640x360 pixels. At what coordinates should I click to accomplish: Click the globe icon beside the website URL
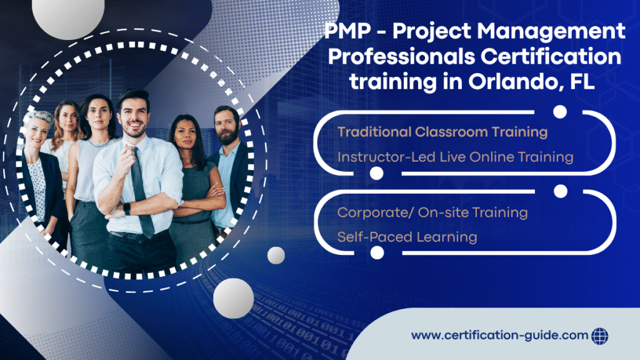click(x=599, y=335)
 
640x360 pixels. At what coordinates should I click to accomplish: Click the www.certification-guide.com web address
click(x=499, y=336)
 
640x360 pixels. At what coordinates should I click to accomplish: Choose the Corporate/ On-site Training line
click(x=432, y=212)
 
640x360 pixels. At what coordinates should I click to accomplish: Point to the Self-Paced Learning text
click(x=407, y=237)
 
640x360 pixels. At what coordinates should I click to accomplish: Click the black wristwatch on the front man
click(x=127, y=209)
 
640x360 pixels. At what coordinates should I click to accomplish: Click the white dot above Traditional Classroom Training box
click(x=560, y=112)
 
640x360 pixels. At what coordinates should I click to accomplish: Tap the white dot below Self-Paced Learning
click(x=376, y=252)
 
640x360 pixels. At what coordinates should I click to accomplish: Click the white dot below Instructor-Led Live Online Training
click(x=376, y=174)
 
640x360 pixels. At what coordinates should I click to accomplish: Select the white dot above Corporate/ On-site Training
click(x=560, y=191)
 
